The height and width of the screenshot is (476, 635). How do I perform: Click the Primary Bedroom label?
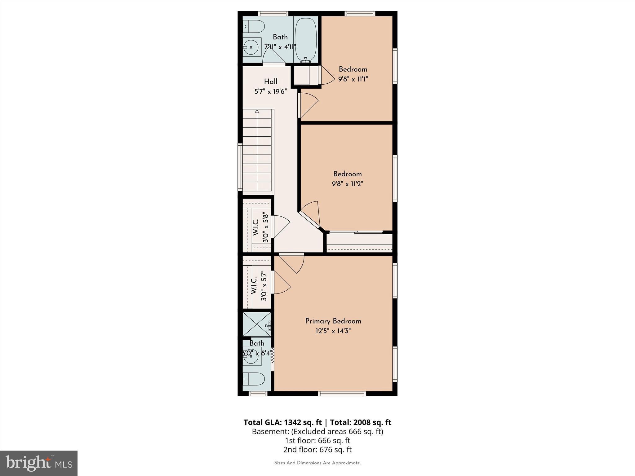[333, 321]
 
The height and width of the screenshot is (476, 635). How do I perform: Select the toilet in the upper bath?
[253, 26]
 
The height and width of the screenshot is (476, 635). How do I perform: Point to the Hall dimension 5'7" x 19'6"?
[270, 91]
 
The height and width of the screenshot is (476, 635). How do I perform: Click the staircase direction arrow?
[257, 111]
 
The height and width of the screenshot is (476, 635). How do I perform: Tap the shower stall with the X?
[256, 324]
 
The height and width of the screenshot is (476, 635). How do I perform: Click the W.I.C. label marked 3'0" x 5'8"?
[260, 227]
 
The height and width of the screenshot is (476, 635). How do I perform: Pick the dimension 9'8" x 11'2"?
[347, 184]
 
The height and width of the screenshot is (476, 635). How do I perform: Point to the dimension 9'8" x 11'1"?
[353, 79]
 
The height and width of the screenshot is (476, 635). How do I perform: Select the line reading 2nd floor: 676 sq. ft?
[317, 449]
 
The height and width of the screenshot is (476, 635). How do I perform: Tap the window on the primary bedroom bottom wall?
[342, 394]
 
